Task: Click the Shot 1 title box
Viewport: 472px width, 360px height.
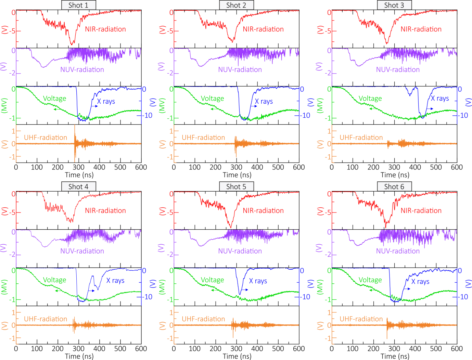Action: click(x=78, y=5)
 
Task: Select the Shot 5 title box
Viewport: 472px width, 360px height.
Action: click(x=236, y=187)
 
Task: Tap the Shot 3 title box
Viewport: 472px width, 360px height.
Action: click(x=394, y=5)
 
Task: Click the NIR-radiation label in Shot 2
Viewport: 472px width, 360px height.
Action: click(x=263, y=29)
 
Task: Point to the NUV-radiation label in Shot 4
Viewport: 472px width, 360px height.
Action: click(x=82, y=251)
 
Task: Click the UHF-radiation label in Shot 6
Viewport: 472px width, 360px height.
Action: click(x=361, y=319)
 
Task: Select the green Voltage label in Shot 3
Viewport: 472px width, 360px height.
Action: click(x=370, y=99)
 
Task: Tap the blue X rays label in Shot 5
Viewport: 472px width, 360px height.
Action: click(x=258, y=281)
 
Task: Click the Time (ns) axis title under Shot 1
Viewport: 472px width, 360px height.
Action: click(x=79, y=175)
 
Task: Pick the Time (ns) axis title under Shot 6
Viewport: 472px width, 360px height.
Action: click(x=395, y=356)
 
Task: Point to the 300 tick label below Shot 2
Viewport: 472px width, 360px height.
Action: click(x=236, y=167)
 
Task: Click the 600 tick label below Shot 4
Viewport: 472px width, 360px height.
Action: click(x=141, y=349)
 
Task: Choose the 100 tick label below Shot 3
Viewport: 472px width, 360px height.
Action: click(x=353, y=167)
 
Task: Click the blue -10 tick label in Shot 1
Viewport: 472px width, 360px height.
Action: click(x=147, y=115)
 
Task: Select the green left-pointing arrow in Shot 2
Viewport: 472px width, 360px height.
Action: click(x=214, y=109)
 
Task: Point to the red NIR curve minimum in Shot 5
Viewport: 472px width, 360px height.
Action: click(x=231, y=227)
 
